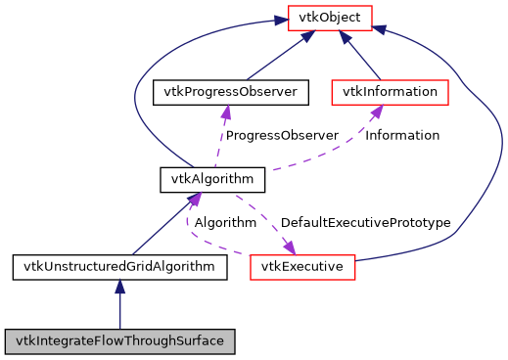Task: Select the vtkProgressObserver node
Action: (231, 92)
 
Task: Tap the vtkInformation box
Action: (390, 92)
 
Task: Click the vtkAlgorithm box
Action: (211, 179)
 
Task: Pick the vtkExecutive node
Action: (301, 266)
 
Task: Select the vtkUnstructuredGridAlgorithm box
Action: (119, 266)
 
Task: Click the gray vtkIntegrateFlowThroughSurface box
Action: (119, 341)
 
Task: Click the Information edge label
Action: (402, 135)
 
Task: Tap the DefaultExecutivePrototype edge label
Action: (365, 223)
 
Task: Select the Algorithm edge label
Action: (225, 223)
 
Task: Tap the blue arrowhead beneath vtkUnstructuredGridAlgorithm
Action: (119, 287)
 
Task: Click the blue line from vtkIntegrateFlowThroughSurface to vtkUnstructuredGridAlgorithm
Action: (119, 311)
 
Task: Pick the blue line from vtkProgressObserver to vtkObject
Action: (274, 60)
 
